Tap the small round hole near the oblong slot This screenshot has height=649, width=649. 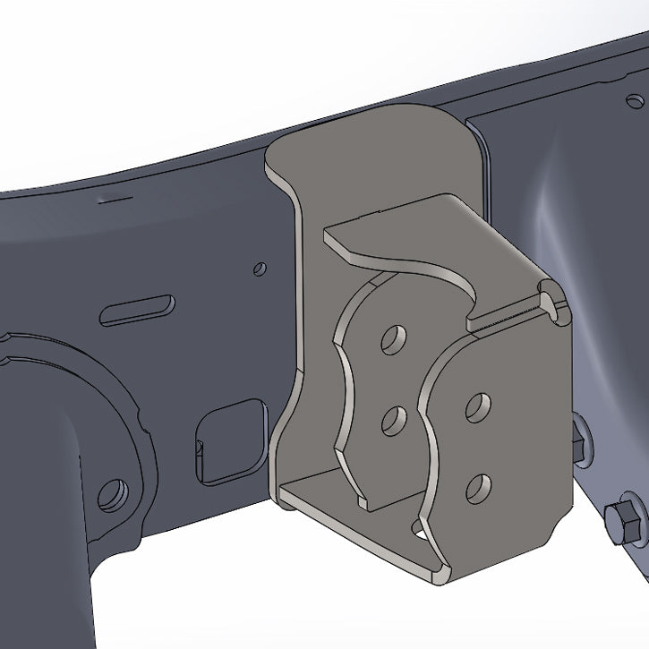tap(259, 268)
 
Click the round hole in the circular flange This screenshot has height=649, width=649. tap(112, 494)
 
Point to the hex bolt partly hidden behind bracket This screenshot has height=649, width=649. tap(577, 439)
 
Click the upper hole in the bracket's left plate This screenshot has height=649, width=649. tap(391, 339)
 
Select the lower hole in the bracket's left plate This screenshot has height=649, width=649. tap(390, 421)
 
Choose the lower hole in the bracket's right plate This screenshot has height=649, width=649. tap(478, 486)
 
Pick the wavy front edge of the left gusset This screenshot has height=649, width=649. tap(344, 394)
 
